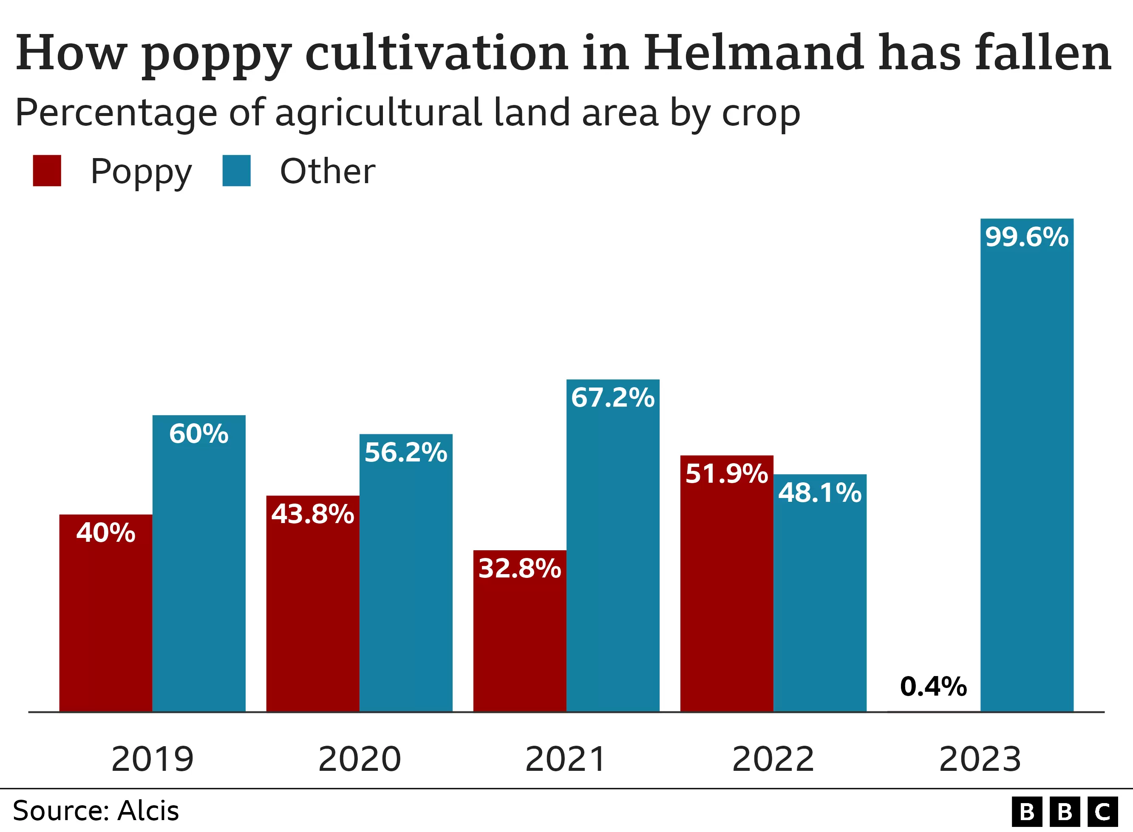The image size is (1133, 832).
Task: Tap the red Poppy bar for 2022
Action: pyautogui.click(x=727, y=594)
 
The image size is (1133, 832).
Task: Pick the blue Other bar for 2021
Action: pyautogui.click(x=613, y=554)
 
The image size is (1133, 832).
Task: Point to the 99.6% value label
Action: pyautogui.click(x=1027, y=237)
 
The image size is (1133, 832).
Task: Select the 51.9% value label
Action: pyautogui.click(x=727, y=474)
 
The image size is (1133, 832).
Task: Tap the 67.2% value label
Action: pyautogui.click(x=613, y=397)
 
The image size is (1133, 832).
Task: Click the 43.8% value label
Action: pyautogui.click(x=313, y=514)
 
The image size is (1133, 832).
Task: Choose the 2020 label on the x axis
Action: pyautogui.click(x=360, y=759)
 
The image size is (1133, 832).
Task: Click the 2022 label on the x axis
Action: pyautogui.click(x=773, y=759)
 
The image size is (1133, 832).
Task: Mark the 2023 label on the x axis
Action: pyautogui.click(x=980, y=759)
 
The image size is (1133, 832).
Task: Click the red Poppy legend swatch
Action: pyautogui.click(x=47, y=171)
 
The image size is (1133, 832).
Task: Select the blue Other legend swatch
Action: pyautogui.click(x=237, y=171)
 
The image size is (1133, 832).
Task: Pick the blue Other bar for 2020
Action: pyautogui.click(x=406, y=579)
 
